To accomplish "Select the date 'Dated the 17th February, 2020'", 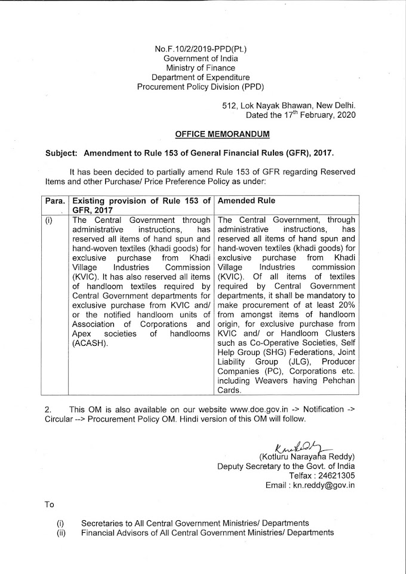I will tap(296, 115).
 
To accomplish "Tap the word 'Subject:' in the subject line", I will tap(63, 152).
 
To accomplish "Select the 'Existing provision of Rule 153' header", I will tap(140, 201).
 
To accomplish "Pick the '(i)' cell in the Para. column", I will tap(50, 220).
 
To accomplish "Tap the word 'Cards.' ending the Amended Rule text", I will tap(232, 391).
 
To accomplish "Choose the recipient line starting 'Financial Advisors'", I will tap(208, 532).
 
